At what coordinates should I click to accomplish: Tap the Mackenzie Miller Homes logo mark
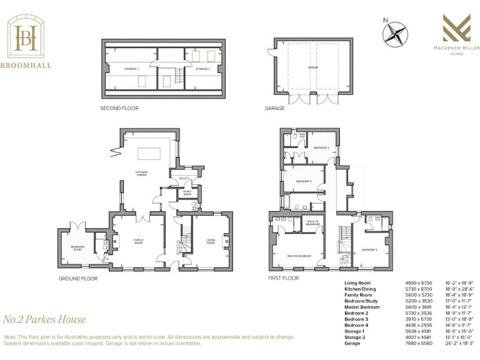(x=452, y=28)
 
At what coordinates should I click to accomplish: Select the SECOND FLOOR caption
(x=119, y=108)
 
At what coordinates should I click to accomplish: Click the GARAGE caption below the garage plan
(x=274, y=108)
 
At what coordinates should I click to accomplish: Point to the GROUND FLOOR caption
(x=78, y=278)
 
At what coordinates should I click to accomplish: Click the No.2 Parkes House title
(x=44, y=319)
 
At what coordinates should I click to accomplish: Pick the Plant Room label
(x=187, y=194)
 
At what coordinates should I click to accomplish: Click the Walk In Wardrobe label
(x=313, y=222)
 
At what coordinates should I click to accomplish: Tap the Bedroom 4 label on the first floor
(x=304, y=181)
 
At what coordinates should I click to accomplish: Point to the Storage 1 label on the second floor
(x=131, y=68)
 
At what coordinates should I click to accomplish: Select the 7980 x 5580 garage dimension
(x=418, y=343)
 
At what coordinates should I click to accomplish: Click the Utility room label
(x=184, y=178)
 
